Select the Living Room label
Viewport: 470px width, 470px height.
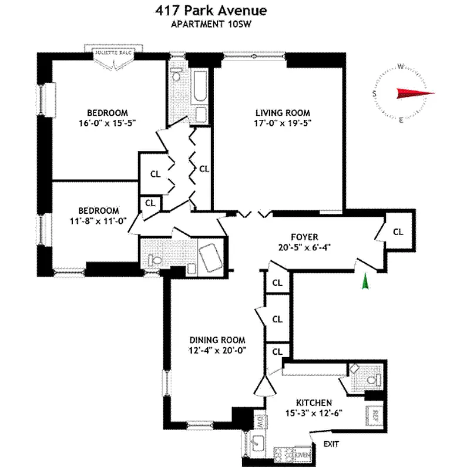click(x=282, y=113)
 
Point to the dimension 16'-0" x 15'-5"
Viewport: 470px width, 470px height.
click(x=108, y=124)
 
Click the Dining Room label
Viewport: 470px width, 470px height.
click(x=217, y=340)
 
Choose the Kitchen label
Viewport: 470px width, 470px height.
click(x=314, y=402)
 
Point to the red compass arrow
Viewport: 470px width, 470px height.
click(x=414, y=93)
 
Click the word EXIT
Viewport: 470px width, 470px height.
click(x=332, y=445)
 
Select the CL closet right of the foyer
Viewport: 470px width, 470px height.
click(x=398, y=231)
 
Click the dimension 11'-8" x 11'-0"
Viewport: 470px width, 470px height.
click(x=98, y=221)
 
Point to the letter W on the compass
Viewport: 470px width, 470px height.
click(x=399, y=66)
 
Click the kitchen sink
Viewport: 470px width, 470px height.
click(x=258, y=442)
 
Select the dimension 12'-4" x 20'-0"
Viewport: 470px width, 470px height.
click(x=217, y=350)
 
